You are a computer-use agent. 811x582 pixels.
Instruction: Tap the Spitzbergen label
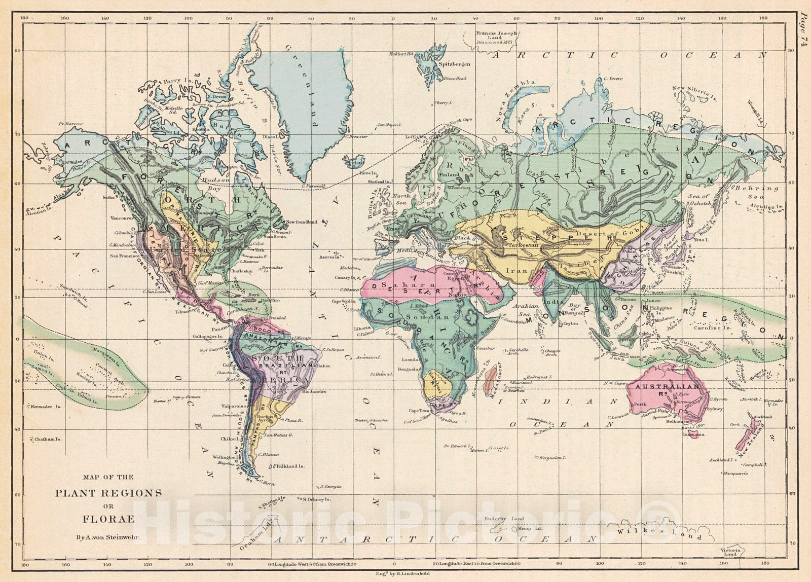454,64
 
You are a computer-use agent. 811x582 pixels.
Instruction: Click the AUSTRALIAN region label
664,386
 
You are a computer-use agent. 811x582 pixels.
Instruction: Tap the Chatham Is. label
48,439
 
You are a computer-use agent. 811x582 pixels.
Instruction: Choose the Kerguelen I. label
552,458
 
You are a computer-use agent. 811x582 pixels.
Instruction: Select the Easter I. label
162,401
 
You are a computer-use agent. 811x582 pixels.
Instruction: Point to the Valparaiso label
234,406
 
